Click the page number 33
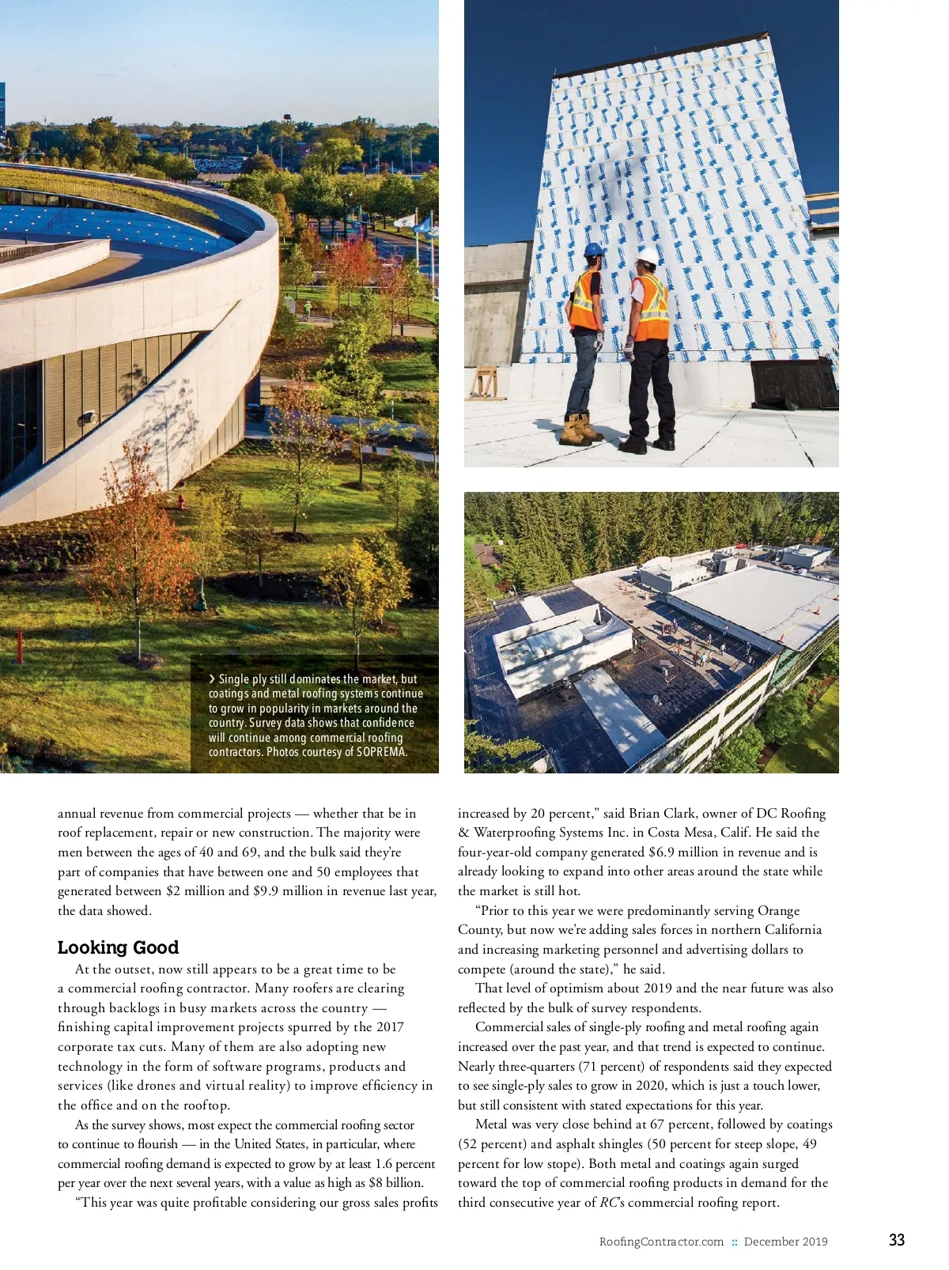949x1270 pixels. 896,1240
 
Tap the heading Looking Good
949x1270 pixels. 118,947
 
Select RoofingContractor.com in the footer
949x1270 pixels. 661,1242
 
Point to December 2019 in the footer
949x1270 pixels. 785,1242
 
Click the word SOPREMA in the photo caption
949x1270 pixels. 382,752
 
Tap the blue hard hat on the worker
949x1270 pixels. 593,250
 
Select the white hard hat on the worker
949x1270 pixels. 648,256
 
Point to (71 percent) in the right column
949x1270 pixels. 611,1066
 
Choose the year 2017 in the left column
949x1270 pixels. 389,1027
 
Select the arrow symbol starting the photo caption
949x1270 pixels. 212,679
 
